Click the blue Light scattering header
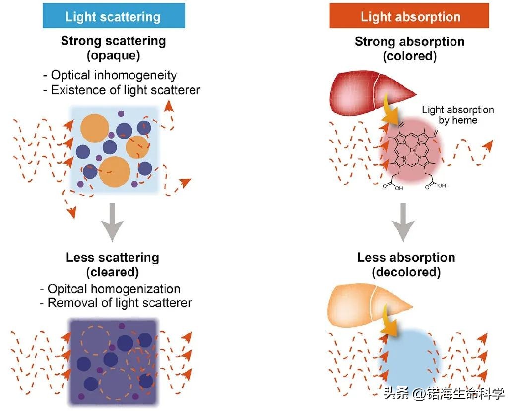tap(113, 17)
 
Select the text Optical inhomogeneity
tap(114, 75)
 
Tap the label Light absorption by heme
tap(457, 115)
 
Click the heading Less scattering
tap(113, 257)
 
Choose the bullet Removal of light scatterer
tap(119, 303)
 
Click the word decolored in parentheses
tap(406, 272)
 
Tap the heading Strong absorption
tap(410, 42)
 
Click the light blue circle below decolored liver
tap(408, 358)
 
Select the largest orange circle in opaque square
tap(115, 171)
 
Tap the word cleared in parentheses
tap(113, 272)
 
